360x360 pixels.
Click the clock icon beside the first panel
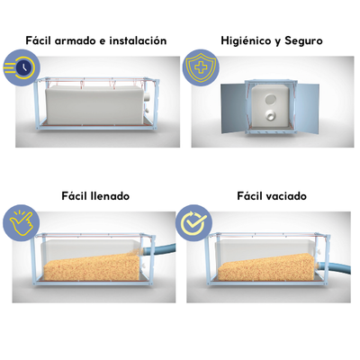click(x=21, y=69)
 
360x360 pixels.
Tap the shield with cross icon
click(x=201, y=68)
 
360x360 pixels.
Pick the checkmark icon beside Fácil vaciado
click(x=193, y=223)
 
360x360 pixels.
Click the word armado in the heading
click(x=76, y=40)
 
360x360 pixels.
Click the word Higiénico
click(x=246, y=40)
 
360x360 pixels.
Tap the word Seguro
click(x=303, y=41)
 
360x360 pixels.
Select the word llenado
click(x=110, y=196)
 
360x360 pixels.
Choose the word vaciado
click(x=286, y=196)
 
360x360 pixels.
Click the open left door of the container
click(x=233, y=108)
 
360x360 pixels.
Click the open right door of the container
click(x=307, y=109)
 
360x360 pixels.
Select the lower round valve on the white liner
click(x=272, y=115)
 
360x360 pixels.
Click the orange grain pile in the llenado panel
click(x=92, y=265)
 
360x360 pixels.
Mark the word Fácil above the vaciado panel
click(x=249, y=196)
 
